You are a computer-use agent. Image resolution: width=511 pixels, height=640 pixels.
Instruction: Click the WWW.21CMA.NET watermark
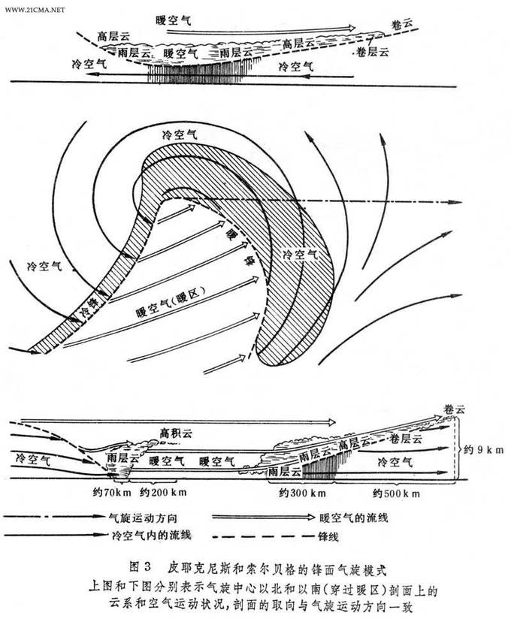[33, 11]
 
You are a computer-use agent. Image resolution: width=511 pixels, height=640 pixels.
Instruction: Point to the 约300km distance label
[295, 494]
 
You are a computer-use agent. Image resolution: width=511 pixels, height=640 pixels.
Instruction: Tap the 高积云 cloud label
[176, 433]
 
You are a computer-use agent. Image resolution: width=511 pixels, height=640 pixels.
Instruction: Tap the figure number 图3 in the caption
[141, 563]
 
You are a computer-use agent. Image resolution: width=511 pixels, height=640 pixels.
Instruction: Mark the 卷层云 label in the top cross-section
[371, 52]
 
